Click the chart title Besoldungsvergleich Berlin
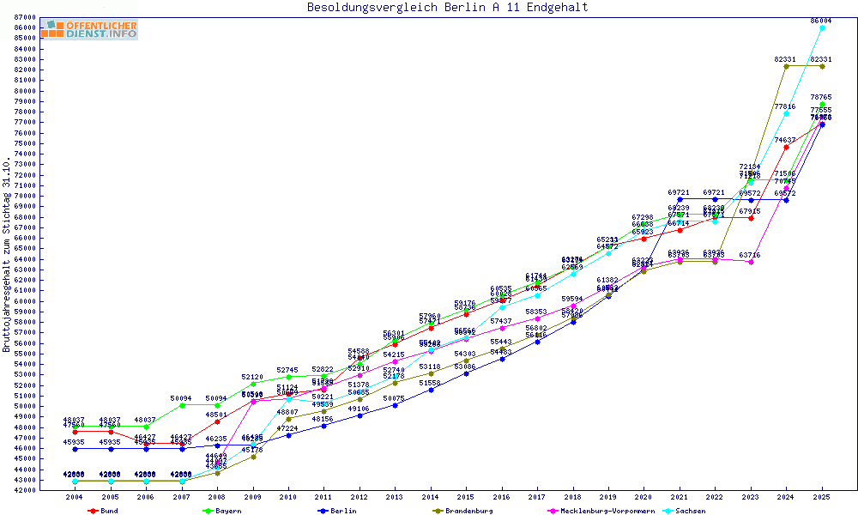pos(447,8)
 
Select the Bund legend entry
pos(103,511)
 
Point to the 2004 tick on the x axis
pos(76,498)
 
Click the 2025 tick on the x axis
pos(822,498)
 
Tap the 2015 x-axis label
pos(466,498)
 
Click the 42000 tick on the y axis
pos(26,490)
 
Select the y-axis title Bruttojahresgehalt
pos(8,254)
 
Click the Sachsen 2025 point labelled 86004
pos(822,27)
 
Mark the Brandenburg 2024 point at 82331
pos(786,66)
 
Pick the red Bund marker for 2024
pos(786,147)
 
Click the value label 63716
pos(750,255)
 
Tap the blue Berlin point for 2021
pos(680,199)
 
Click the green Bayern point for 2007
pos(182,405)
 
